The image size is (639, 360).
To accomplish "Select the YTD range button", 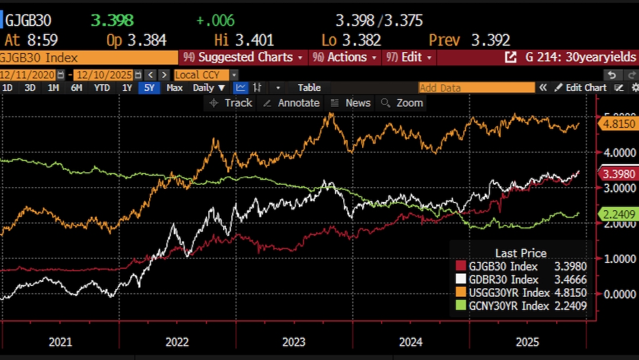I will pos(102,88).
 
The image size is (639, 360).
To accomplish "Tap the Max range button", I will pos(175,88).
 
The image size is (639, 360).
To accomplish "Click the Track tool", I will pos(231,103).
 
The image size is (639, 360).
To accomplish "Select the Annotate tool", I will pos(292,103).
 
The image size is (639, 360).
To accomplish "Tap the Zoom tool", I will pos(403,103).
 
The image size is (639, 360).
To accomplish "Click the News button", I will pos(351,103).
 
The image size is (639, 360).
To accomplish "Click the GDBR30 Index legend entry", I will pos(502,279).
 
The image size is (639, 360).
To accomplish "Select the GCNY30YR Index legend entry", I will pos(508,306).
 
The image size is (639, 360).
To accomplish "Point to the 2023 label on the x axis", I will pos(293,342).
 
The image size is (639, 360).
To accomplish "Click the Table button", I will pos(309,88).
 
